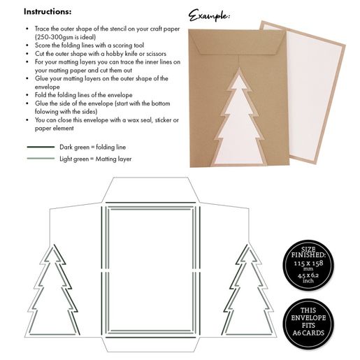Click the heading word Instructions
tap(48, 11)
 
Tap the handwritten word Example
tap(209, 15)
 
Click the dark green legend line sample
tap(41, 147)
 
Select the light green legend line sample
tap(41, 159)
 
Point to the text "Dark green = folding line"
tap(92, 147)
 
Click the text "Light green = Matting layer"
tap(95, 159)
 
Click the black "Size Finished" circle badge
tap(308, 265)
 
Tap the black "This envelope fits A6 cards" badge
tap(308, 324)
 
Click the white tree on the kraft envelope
tap(239, 121)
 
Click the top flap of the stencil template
tap(150, 189)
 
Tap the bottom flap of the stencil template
tap(150, 345)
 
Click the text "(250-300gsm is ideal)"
tap(65, 37)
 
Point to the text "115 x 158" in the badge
tap(308, 264)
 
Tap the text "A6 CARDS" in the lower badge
tap(308, 333)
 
